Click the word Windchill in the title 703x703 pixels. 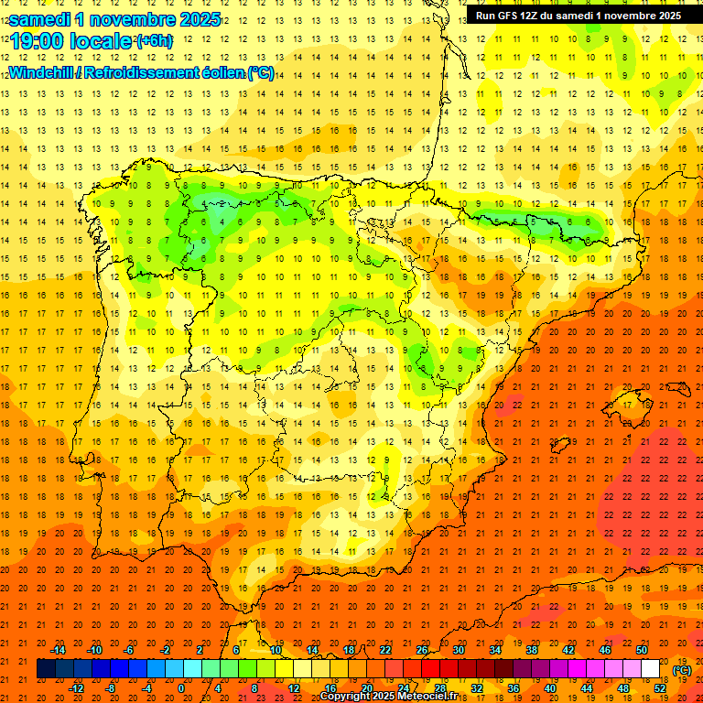(x=41, y=72)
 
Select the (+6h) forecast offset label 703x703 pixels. (x=154, y=41)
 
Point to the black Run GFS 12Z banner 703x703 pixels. (x=578, y=16)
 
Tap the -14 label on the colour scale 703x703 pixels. (x=59, y=650)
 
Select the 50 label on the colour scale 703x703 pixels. (x=642, y=650)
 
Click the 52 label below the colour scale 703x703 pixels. (x=660, y=687)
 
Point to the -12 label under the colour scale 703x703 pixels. (x=77, y=687)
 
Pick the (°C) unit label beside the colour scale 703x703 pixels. (x=681, y=670)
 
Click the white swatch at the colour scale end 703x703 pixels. (x=651, y=669)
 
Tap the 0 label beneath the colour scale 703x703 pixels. (x=182, y=687)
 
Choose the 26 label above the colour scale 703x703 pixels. (x=422, y=650)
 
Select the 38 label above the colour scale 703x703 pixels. (x=532, y=650)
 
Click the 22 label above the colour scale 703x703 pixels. (x=385, y=650)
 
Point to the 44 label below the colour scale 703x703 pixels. (x=587, y=687)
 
